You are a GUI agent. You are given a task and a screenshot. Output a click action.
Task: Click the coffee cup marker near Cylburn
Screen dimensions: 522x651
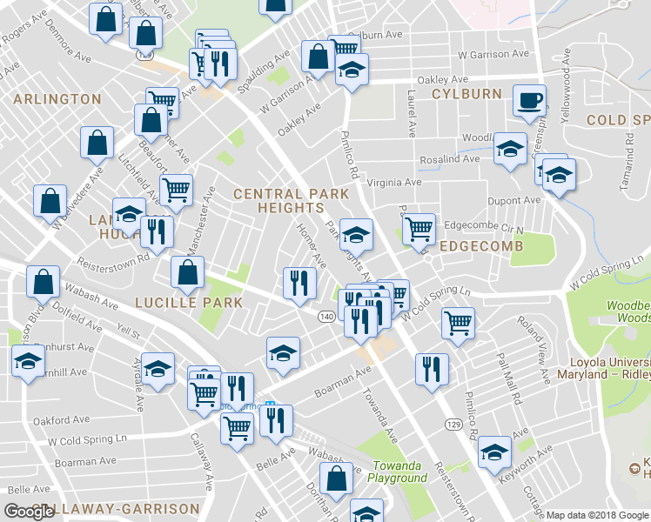coord(529,100)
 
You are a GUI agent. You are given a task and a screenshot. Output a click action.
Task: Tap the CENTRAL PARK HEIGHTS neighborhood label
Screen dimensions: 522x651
coord(279,201)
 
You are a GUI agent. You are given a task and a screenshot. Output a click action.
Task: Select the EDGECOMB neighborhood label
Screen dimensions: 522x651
coord(481,246)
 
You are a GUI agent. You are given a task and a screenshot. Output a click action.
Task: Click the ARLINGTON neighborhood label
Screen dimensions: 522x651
coord(57,99)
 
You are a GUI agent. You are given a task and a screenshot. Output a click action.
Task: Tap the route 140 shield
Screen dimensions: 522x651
coord(325,316)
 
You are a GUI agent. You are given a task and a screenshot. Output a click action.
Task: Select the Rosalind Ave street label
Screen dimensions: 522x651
coord(450,159)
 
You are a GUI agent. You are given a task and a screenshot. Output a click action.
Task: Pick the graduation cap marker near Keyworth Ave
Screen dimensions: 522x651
coord(494,451)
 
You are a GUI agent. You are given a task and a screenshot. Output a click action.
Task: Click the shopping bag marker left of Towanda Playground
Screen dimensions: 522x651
coord(336,477)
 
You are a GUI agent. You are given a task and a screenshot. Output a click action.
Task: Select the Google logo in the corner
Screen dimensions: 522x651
coord(29,512)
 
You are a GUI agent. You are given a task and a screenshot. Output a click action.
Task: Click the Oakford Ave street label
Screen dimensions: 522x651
coord(61,420)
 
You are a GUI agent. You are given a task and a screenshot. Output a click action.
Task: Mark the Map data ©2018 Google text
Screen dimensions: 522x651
coord(597,515)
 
